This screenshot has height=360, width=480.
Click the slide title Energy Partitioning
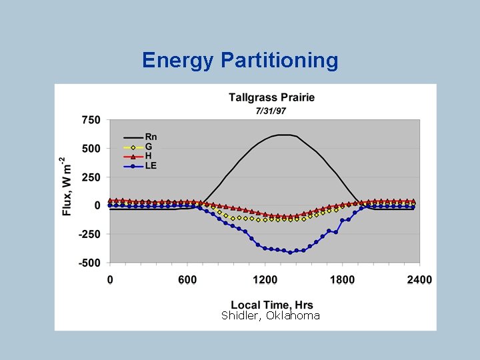tap(240, 61)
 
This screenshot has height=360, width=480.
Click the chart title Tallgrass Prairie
tap(271, 97)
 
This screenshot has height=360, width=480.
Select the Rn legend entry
tap(151, 137)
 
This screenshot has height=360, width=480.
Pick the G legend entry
tap(149, 147)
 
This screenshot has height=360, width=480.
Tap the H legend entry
tap(149, 156)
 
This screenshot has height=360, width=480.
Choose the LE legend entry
tap(151, 165)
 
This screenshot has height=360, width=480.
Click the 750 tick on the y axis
tap(91, 120)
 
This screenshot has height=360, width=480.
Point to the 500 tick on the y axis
tap(91, 149)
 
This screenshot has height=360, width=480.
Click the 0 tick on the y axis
tap(97, 206)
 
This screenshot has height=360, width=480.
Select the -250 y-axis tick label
tap(89, 235)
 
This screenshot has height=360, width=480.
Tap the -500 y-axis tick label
tap(89, 263)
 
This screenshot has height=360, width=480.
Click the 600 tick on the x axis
tap(187, 280)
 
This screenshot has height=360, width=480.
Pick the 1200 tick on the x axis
tap(265, 280)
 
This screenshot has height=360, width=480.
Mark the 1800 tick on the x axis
tap(343, 280)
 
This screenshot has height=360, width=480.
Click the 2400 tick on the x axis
tap(420, 280)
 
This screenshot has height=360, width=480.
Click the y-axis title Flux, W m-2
tap(65, 187)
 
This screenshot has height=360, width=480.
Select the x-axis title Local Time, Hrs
tap(271, 305)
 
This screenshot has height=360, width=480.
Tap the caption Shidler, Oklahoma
tap(271, 315)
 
